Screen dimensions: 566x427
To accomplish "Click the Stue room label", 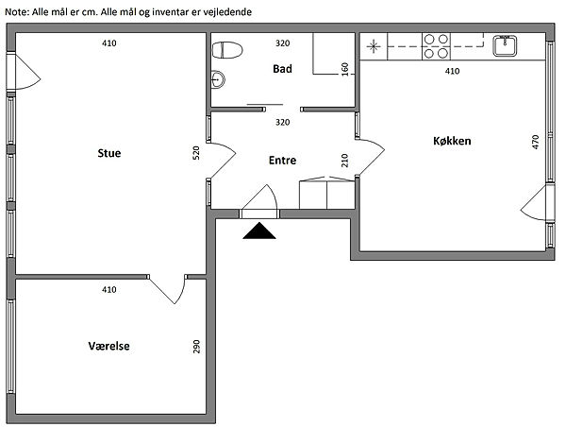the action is pos(109,153).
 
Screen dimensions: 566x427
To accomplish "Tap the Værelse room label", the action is pos(108,346).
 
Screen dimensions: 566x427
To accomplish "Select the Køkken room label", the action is pos(452,141).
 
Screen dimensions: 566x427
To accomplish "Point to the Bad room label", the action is pos(282,69).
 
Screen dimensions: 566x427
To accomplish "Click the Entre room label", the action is pos(282,161).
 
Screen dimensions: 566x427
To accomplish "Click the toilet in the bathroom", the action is pos(226,50).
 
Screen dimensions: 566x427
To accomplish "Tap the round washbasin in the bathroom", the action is pos(218,78).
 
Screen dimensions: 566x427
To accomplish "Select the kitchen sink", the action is pos(505,46).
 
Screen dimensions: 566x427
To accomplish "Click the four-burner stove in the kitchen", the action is pos(436,46).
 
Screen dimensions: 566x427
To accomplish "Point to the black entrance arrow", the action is pos(259,231).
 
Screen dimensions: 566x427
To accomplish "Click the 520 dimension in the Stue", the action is pos(196,153).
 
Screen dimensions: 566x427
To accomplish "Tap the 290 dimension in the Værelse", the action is pos(196,347).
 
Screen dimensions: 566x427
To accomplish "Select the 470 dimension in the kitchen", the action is pos(535,142).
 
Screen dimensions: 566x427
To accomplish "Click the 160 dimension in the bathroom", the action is pos(345,69).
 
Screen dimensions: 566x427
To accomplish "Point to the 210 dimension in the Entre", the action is pos(345,161).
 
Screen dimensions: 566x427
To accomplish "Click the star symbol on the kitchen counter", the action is pos(374,46).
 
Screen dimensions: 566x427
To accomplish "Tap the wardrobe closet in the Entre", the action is pos(326,193).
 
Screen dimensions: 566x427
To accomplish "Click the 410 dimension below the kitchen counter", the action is pos(452,71).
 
